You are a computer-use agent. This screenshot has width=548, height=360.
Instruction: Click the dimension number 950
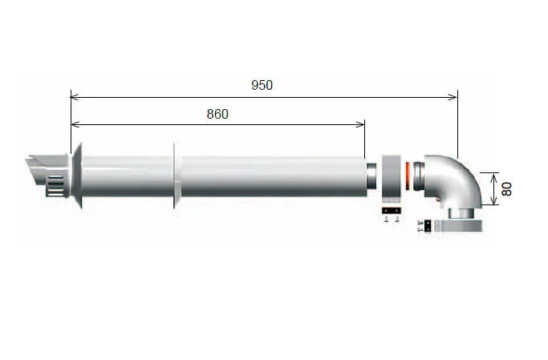point(262,85)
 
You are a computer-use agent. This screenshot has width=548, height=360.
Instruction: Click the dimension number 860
point(217,114)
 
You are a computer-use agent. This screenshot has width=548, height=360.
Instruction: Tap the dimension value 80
point(506,189)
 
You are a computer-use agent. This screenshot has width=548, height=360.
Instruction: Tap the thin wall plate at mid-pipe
point(174,176)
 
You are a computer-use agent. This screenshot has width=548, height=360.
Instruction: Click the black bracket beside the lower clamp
point(428,227)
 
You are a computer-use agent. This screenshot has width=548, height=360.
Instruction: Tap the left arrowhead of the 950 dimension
point(74,97)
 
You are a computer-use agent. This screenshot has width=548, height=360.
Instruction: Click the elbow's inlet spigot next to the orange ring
point(420,176)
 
